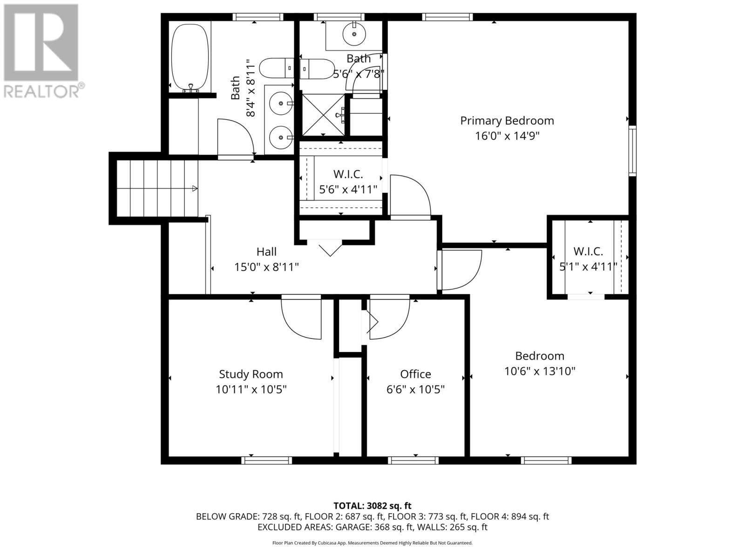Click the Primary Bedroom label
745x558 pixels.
(507, 120)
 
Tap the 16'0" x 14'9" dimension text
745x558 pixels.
(507, 136)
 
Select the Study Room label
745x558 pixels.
(251, 374)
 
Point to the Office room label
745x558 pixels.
(415, 374)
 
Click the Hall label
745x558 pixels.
(266, 252)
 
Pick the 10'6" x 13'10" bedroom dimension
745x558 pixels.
(540, 372)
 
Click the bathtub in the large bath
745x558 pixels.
(190, 57)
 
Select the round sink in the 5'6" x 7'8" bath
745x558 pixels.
(354, 34)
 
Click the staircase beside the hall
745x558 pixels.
(157, 188)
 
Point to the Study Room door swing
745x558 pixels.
(301, 317)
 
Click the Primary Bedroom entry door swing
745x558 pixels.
(411, 195)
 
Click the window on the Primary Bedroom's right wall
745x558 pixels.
(632, 150)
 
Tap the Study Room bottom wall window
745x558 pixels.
(266, 460)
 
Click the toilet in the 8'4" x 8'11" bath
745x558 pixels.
(277, 68)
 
